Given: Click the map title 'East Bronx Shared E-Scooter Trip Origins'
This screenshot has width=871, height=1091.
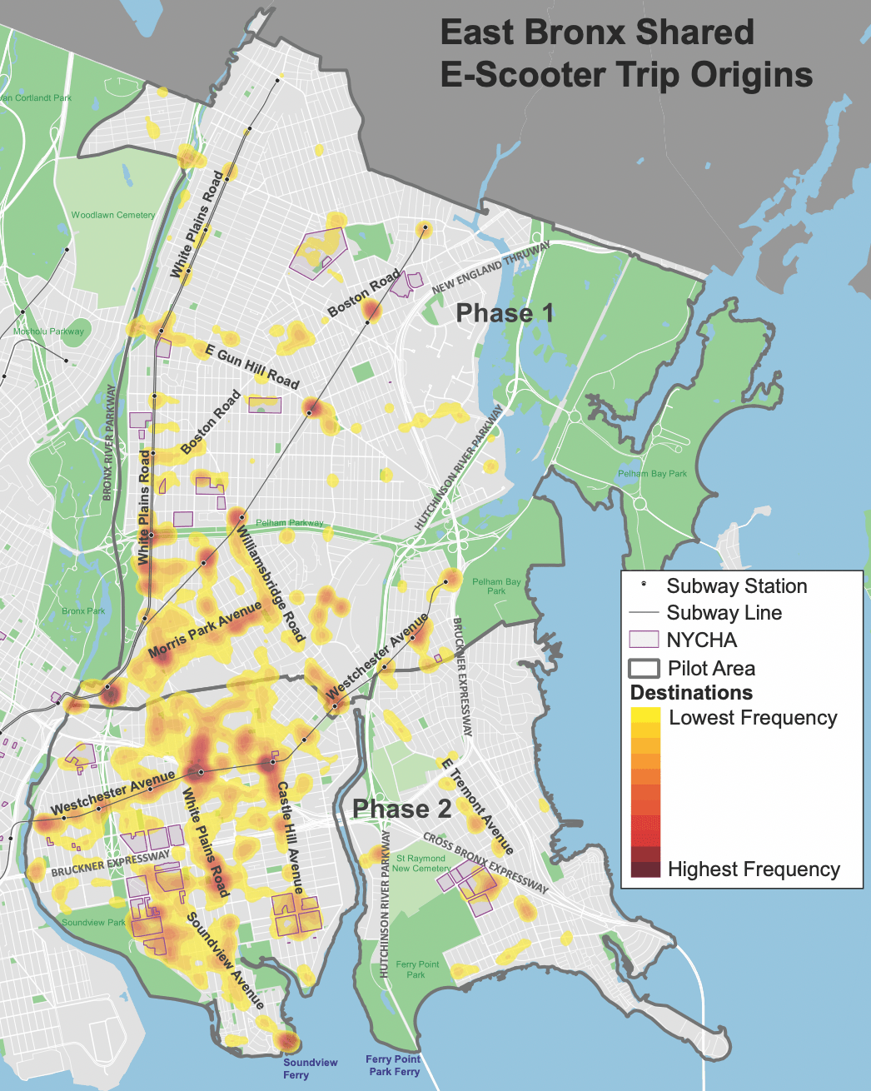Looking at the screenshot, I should click(626, 53).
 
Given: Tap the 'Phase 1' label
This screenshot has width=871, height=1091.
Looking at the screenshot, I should click(505, 313).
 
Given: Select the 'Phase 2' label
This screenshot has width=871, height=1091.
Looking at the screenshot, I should click(401, 809).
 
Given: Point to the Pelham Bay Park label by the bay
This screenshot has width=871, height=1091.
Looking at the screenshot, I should click(652, 474).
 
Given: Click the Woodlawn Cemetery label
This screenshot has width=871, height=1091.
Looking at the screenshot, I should click(112, 215).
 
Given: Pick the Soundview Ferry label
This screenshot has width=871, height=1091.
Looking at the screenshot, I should click(310, 1069).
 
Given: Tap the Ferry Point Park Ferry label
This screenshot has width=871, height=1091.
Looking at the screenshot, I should click(393, 1065).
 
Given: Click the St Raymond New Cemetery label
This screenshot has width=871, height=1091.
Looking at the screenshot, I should click(421, 863).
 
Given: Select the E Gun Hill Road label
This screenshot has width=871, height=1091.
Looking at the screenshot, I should click(251, 366).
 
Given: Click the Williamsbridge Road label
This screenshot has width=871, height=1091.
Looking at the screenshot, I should click(271, 583).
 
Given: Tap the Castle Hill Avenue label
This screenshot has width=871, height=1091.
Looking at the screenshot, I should click(290, 837).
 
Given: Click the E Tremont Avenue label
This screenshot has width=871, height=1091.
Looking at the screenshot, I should click(476, 806).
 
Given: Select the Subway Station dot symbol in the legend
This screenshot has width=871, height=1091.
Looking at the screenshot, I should click(643, 585).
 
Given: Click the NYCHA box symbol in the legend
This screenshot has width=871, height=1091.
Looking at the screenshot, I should click(644, 640).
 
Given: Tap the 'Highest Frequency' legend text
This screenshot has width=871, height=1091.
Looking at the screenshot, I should click(754, 869).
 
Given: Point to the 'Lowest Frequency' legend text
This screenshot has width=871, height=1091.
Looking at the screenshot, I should click(753, 718).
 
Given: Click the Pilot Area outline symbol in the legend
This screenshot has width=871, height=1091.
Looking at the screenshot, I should click(644, 668).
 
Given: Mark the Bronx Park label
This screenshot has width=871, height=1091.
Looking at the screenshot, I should click(83, 610).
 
